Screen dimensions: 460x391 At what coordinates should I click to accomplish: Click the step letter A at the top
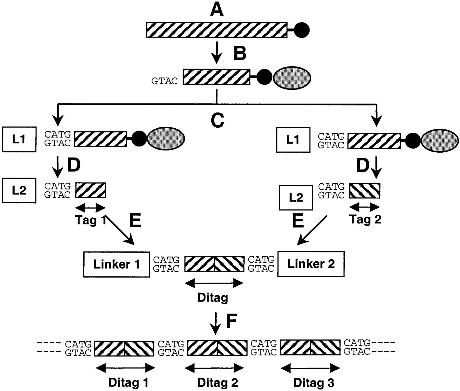[x=217, y=10]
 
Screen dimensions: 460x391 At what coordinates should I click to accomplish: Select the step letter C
[x=217, y=120]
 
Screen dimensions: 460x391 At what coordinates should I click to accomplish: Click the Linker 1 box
[x=117, y=264]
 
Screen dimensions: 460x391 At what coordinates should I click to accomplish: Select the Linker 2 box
[x=311, y=264]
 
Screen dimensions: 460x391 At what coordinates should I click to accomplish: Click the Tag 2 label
[x=365, y=219]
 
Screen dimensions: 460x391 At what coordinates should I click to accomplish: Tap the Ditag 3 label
[x=314, y=383]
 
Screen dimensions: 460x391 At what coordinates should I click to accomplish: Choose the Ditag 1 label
[x=128, y=383]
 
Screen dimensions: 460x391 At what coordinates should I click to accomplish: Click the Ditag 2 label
[x=218, y=383]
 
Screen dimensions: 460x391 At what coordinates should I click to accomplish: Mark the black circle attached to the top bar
[x=302, y=30]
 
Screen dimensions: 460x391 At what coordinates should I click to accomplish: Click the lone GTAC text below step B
[x=164, y=81]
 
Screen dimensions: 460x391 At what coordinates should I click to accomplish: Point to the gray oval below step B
[x=292, y=78]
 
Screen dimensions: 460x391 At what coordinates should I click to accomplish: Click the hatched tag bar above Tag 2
[x=365, y=191]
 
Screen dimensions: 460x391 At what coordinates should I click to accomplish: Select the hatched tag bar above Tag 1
[x=90, y=190]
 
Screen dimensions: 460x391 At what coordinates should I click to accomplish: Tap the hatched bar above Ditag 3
[x=310, y=348]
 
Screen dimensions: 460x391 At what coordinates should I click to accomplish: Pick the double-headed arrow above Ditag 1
[x=125, y=368]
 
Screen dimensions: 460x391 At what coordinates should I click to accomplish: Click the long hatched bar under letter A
[x=217, y=30]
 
